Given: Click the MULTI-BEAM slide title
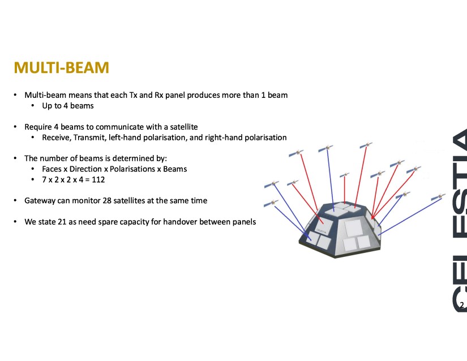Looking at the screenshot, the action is pyautogui.click(x=61, y=67).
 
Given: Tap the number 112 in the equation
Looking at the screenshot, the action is pyautogui.click(x=98, y=180).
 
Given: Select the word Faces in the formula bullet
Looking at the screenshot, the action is pyautogui.click(x=52, y=169).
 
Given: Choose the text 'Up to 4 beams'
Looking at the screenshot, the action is pyautogui.click(x=67, y=106).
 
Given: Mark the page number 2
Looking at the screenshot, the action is pyautogui.click(x=462, y=305).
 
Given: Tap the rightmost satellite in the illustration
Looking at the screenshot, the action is pyautogui.click(x=438, y=197).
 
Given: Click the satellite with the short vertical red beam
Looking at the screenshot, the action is pyautogui.click(x=345, y=175).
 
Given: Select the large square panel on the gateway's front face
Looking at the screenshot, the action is pyautogui.click(x=353, y=228).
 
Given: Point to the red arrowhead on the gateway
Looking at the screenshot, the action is pyautogui.click(x=372, y=217).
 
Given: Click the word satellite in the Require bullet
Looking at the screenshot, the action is pyautogui.click(x=184, y=127).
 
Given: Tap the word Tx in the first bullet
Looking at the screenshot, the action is pyautogui.click(x=133, y=95).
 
